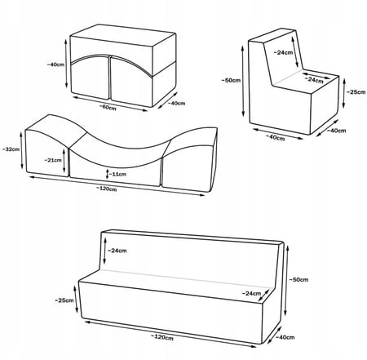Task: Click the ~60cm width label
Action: pyautogui.click(x=108, y=107)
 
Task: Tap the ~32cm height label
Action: pyautogui.click(x=11, y=149)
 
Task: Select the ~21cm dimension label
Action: pyautogui.click(x=53, y=160)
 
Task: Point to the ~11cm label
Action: pyautogui.click(x=117, y=174)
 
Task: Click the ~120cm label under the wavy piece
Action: pyautogui.click(x=107, y=189)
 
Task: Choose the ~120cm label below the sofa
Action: pyautogui.click(x=162, y=337)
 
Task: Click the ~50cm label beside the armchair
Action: pyautogui.click(x=231, y=80)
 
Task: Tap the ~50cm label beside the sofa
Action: pyautogui.click(x=298, y=279)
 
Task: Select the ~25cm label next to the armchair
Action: pyautogui.click(x=356, y=92)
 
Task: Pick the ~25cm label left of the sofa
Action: pyautogui.click(x=64, y=300)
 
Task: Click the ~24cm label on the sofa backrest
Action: pyautogui.click(x=117, y=251)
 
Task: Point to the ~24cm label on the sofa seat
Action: pyautogui.click(x=251, y=293)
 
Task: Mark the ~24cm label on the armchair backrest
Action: pyautogui.click(x=283, y=52)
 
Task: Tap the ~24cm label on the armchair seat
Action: pyautogui.click(x=314, y=80)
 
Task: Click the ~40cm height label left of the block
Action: pyautogui.click(x=55, y=64)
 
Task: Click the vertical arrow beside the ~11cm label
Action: pyautogui.click(x=107, y=174)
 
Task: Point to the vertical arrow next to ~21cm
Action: pyautogui.click(x=64, y=161)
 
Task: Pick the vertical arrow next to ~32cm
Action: pyautogui.click(x=22, y=150)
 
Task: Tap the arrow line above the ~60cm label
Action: pyautogui.click(x=110, y=104)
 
